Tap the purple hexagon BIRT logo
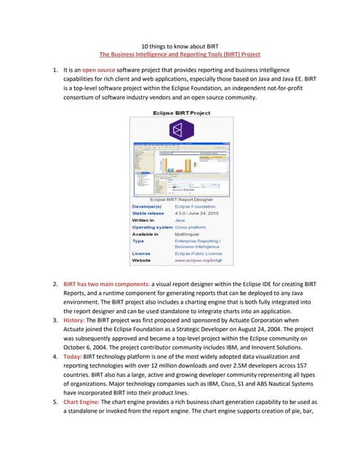coord(180,130)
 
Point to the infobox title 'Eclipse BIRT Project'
coord(180,113)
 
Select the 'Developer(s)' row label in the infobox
coord(148,206)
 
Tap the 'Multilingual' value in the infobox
coord(190,235)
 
